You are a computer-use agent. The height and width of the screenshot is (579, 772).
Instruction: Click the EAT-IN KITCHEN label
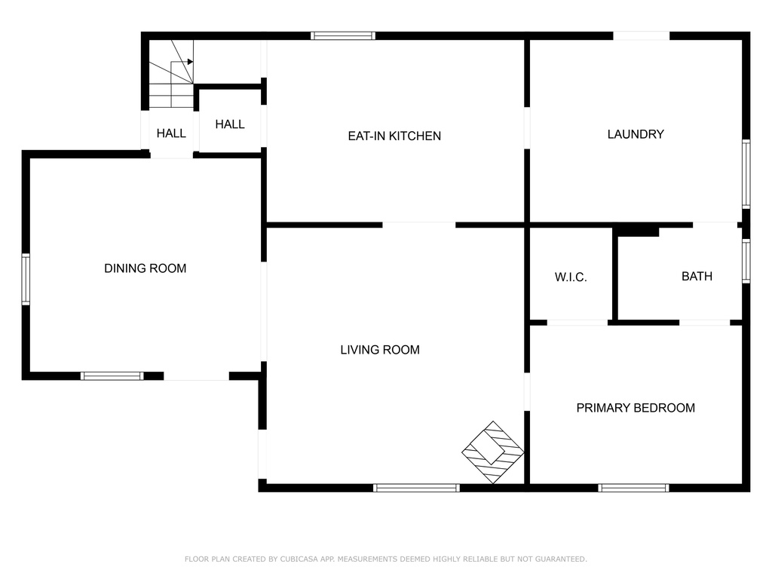point(394,136)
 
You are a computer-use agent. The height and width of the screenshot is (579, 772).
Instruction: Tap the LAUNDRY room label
point(636,134)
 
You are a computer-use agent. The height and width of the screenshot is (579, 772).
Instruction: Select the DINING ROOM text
point(146,268)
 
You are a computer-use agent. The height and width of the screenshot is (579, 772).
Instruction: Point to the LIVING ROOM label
point(380,350)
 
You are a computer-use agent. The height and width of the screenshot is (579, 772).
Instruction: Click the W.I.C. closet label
point(571,277)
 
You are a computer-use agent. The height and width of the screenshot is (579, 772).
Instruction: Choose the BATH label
point(697,276)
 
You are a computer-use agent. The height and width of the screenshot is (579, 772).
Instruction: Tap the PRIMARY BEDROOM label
point(636,408)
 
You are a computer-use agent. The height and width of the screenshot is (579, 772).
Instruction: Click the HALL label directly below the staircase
point(171,133)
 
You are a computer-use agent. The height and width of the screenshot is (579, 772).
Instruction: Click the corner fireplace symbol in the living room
point(493,452)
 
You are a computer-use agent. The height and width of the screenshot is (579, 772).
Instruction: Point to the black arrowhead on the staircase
point(190,62)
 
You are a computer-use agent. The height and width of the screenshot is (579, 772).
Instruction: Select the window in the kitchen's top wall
point(343,35)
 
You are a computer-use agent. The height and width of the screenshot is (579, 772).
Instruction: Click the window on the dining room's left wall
point(26,279)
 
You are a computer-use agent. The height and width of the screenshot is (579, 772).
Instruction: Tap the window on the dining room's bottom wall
point(112,376)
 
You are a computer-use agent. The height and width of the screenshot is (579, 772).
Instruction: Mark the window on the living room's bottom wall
point(416,488)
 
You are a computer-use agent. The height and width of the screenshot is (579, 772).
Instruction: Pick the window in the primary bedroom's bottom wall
point(633,488)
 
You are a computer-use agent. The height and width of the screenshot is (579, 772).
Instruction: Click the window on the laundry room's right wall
point(746,174)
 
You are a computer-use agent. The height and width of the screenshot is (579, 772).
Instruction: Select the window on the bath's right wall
point(746,261)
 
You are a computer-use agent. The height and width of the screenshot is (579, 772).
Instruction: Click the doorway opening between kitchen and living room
point(419,225)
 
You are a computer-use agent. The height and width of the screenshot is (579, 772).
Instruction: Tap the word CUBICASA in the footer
point(299,559)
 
